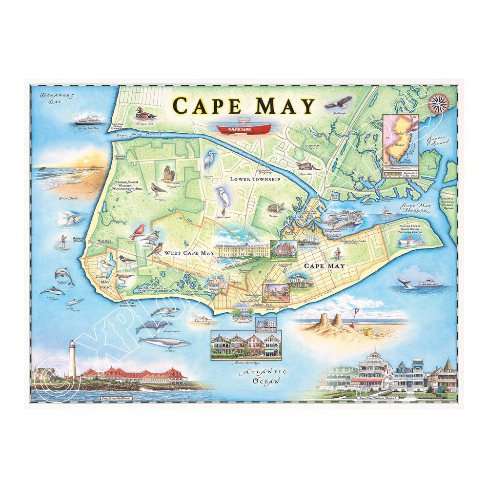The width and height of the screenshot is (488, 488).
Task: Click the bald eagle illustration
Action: click(338, 103)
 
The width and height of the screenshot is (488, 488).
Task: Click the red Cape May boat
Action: click(243, 128)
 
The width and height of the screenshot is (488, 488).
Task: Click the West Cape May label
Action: click(187, 253)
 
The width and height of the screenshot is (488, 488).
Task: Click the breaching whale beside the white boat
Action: click(404, 283)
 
